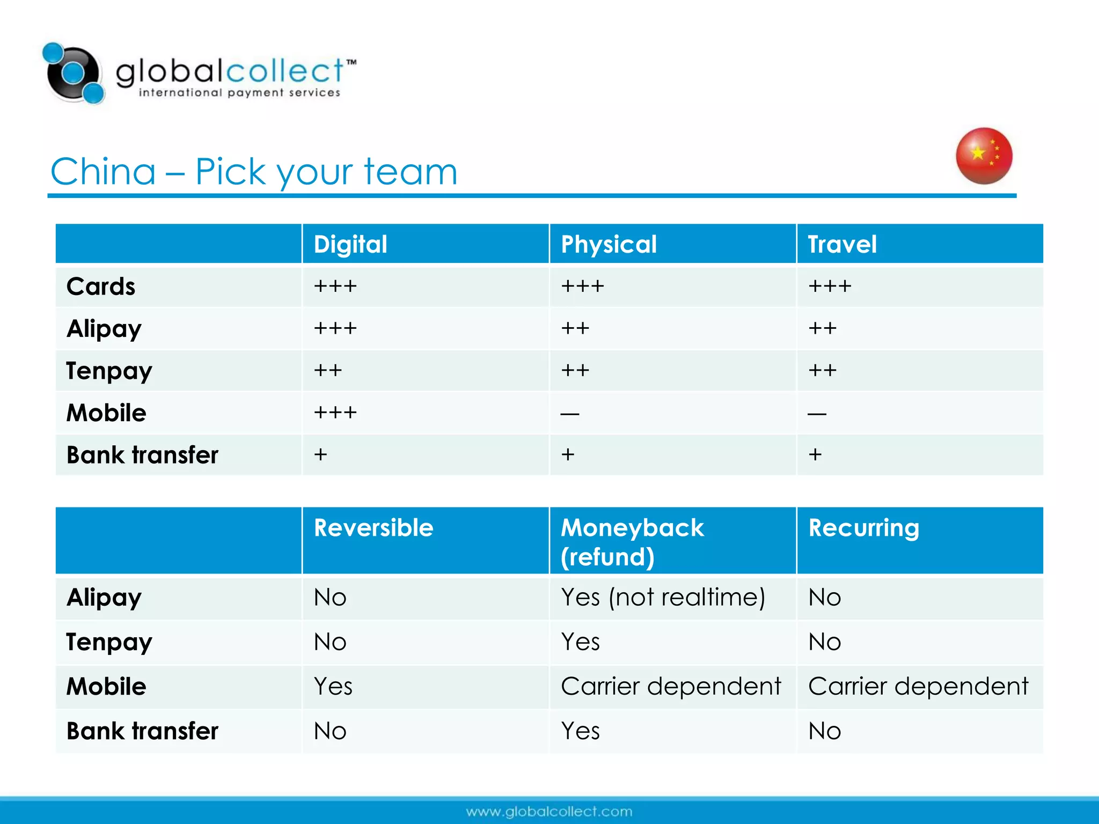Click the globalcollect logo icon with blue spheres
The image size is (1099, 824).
(74, 73)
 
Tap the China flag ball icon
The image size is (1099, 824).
(984, 156)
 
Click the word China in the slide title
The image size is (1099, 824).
(103, 172)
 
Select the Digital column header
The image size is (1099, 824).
(350, 244)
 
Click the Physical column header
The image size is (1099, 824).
(609, 244)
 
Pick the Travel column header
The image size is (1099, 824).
(842, 244)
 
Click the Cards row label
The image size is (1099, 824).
(101, 286)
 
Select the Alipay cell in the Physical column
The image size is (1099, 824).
(575, 328)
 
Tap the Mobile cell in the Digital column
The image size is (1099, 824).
(335, 413)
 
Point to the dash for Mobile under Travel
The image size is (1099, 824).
(817, 414)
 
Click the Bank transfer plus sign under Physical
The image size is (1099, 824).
(568, 454)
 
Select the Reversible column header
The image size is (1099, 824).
(373, 528)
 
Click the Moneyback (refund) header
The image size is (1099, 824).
(632, 542)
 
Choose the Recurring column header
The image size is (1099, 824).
(863, 528)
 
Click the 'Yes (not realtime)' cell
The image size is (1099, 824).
(663, 597)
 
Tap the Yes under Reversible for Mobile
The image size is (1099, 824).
(333, 686)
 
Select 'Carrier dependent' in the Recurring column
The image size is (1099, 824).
(918, 686)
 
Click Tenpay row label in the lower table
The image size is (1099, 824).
(109, 642)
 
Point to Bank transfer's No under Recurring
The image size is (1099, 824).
(825, 731)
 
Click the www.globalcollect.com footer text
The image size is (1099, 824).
(549, 811)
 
